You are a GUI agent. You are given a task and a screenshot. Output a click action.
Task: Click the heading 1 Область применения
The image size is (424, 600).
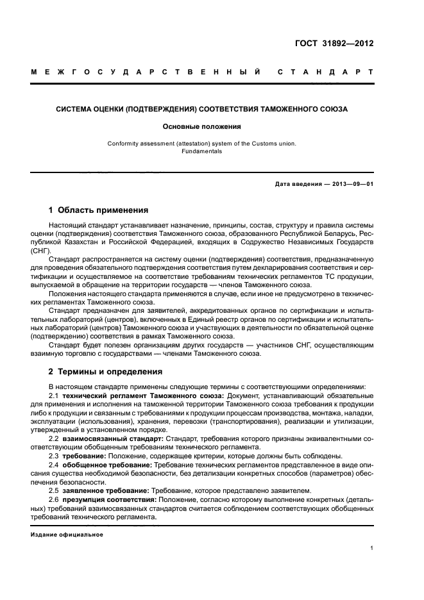tap(99, 210)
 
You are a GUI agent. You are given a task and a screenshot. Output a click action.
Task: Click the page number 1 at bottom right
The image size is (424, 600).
tap(372, 548)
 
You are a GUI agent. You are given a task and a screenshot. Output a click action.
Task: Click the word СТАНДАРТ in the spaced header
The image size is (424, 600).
tap(325, 72)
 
